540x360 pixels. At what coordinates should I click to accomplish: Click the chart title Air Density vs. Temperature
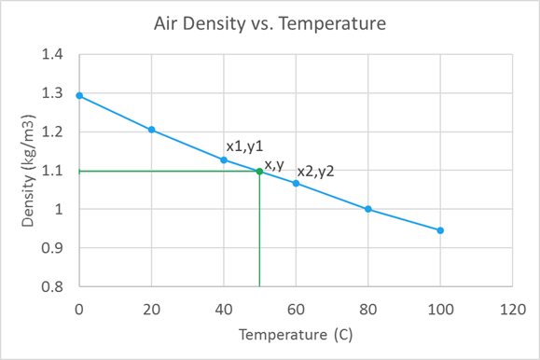coord(270,21)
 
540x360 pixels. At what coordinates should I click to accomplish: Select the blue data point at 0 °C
coord(79,96)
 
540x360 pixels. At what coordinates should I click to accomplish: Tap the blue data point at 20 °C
coord(151,130)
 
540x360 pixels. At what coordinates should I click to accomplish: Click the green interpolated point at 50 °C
coord(259,171)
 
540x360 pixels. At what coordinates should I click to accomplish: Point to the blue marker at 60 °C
coord(296,183)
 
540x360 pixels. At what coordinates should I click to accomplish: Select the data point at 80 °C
coord(368,209)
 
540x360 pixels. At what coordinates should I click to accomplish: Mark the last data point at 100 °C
coord(440,230)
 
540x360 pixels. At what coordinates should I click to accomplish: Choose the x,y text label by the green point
coord(274,164)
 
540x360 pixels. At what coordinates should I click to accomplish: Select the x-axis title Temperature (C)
coord(296,334)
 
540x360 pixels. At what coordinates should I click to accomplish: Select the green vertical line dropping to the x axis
coord(259,233)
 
